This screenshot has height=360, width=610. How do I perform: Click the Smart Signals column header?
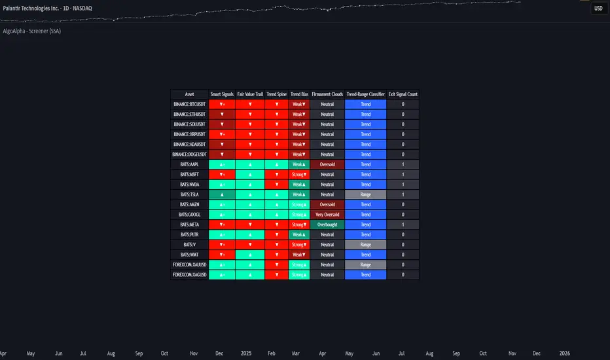point(223,94)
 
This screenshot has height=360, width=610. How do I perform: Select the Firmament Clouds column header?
point(327,94)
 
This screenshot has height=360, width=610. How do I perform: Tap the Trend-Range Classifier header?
point(366,94)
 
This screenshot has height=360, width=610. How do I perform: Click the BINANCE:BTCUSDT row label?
point(190,104)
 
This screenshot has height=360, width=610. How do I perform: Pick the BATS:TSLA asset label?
point(190,194)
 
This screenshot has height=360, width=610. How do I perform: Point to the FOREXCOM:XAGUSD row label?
point(190,275)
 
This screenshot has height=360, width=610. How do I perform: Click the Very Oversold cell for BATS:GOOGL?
point(327,215)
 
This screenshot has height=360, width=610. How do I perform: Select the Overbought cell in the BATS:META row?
point(327,225)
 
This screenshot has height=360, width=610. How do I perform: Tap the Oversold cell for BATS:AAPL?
point(327,164)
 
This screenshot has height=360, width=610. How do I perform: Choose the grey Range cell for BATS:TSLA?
point(366,194)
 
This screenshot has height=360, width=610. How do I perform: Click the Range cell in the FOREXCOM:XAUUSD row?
point(366,264)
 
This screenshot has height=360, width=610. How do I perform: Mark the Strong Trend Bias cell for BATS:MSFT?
point(299,175)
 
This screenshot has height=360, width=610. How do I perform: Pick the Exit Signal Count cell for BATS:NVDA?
point(403,185)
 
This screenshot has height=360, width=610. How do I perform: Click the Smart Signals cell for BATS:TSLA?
point(223,194)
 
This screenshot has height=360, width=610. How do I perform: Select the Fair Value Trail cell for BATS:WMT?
point(250,255)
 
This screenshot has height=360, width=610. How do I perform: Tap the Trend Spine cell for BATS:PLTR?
point(277,234)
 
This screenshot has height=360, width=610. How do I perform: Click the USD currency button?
point(598,9)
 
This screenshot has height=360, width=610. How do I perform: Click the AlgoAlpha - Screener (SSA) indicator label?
point(32,31)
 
